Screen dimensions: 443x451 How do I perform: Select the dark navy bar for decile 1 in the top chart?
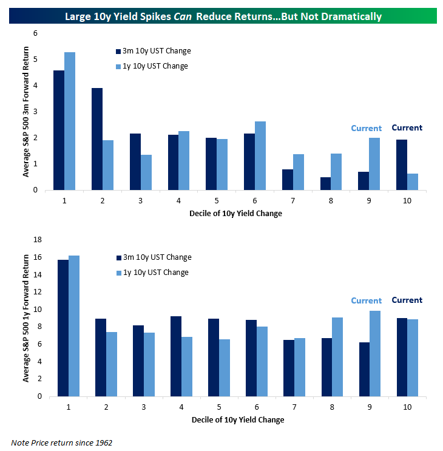59,130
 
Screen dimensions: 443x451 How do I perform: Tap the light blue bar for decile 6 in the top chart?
260,155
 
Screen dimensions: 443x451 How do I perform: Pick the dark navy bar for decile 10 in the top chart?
402,165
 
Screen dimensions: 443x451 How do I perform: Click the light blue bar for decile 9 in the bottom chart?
375,353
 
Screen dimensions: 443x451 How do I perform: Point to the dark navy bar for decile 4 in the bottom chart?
176,356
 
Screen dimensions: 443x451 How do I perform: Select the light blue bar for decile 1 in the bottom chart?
74,326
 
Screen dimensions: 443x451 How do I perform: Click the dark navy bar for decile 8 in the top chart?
326,183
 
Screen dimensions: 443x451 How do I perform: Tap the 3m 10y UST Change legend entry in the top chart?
153,51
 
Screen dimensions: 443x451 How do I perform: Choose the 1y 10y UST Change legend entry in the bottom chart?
152,273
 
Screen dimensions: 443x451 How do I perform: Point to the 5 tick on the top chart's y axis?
35,59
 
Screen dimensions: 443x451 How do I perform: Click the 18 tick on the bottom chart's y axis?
38,240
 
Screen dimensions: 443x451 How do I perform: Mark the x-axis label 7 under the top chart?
293,201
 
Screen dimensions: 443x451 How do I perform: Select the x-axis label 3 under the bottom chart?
144,407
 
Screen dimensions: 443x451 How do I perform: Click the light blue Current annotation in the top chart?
367,128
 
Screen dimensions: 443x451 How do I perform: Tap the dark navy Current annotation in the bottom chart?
407,300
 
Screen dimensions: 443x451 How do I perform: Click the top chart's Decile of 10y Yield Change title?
235,214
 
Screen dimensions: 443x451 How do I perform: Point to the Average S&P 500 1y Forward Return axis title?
26,318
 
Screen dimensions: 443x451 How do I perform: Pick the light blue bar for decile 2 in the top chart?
108,165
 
